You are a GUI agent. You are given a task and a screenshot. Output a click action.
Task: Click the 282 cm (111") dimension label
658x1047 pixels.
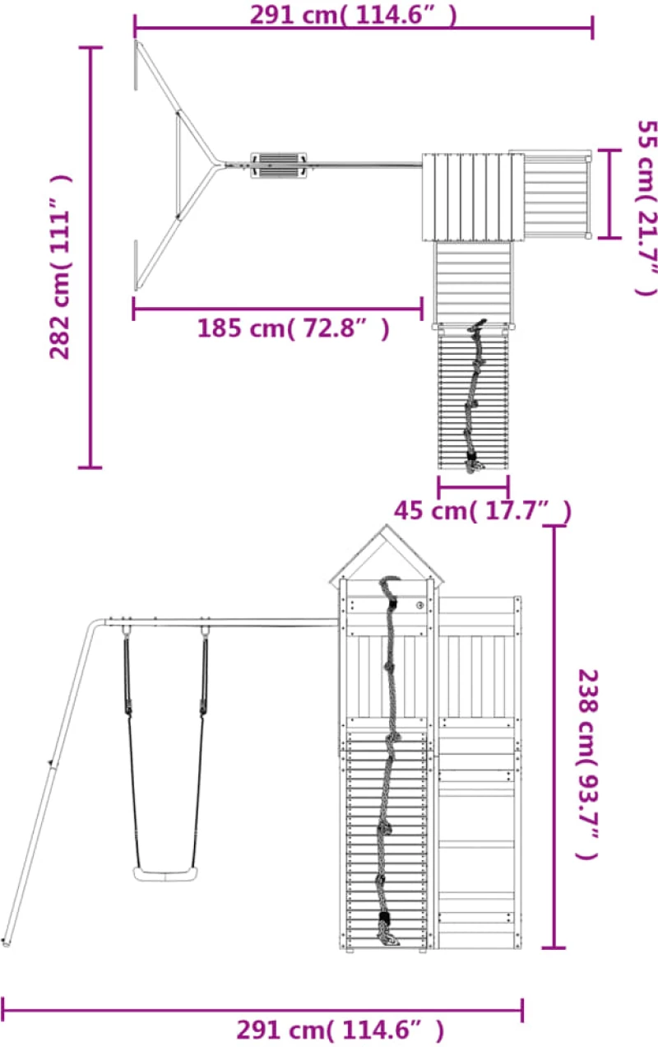(x=61, y=267)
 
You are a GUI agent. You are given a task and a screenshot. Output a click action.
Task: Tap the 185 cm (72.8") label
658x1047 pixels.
(x=294, y=328)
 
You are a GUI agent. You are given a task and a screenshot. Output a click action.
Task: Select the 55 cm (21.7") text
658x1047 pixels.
(x=647, y=208)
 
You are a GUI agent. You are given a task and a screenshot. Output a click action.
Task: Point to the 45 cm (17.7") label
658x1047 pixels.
(x=483, y=510)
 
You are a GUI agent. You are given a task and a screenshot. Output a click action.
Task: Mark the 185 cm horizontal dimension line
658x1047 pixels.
(x=278, y=309)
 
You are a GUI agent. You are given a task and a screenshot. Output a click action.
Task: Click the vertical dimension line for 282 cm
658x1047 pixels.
(x=90, y=257)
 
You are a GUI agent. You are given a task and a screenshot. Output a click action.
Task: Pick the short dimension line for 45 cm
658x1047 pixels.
(x=473, y=486)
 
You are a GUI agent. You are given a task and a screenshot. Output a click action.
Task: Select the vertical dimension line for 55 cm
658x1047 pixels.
(x=609, y=194)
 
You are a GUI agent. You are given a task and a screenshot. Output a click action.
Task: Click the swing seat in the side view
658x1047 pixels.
(x=165, y=874)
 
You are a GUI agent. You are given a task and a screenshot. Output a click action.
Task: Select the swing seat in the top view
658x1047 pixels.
(x=278, y=165)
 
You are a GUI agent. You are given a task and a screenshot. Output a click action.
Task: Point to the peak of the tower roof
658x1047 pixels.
(x=387, y=526)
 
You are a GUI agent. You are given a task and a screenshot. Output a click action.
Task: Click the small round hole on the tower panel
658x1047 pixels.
(x=419, y=605)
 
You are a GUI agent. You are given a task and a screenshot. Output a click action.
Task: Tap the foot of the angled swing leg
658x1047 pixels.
(x=6, y=942)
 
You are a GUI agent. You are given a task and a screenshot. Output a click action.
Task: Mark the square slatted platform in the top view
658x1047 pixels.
(x=473, y=197)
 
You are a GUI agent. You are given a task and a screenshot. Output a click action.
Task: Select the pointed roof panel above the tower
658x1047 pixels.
(x=387, y=556)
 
